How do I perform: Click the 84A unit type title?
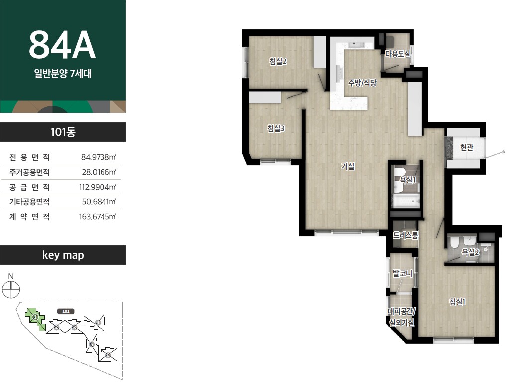click(62, 45)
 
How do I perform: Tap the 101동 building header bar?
click(63, 132)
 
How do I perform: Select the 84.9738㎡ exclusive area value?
click(99, 157)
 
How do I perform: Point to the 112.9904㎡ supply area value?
click(98, 187)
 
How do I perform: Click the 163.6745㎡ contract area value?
click(98, 217)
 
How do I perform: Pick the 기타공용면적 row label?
click(29, 202)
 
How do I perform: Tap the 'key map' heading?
click(63, 255)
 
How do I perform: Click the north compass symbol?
click(11, 289)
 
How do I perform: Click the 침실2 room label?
click(278, 61)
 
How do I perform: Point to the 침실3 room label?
click(276, 128)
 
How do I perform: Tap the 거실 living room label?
click(348, 166)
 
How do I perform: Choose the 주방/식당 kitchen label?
click(362, 83)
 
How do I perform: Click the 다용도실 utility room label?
click(397, 53)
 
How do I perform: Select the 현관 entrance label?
click(467, 147)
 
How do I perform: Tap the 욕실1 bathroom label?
click(407, 180)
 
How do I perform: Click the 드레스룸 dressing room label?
click(406, 235)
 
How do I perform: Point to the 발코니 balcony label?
click(403, 273)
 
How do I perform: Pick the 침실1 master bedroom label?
click(457, 302)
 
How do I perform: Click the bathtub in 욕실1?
click(406, 201)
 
